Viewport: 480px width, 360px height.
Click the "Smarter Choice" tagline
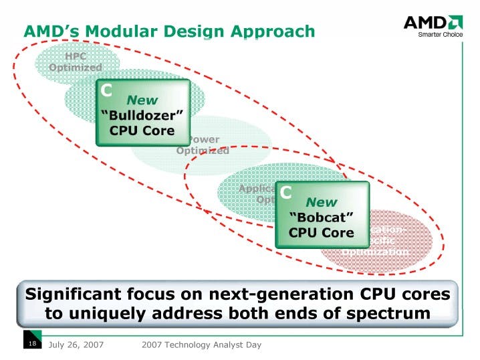click(440, 35)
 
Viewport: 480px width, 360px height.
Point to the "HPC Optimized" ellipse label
click(75, 62)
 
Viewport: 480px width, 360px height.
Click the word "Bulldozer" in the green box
click(142, 115)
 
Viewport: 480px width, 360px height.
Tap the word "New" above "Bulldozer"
click(142, 100)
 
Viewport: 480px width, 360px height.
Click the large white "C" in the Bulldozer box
click(106, 90)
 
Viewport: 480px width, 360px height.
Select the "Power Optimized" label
click(203, 145)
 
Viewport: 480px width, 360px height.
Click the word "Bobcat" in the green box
click(321, 217)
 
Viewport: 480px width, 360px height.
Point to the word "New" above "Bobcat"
click(322, 202)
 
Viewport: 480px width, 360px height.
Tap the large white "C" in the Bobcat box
click(285, 193)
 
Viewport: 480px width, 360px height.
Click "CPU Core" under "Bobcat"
click(321, 233)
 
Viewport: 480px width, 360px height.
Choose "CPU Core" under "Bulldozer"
click(142, 130)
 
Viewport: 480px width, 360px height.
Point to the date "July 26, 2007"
click(76, 345)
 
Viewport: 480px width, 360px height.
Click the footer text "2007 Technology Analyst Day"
click(201, 345)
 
